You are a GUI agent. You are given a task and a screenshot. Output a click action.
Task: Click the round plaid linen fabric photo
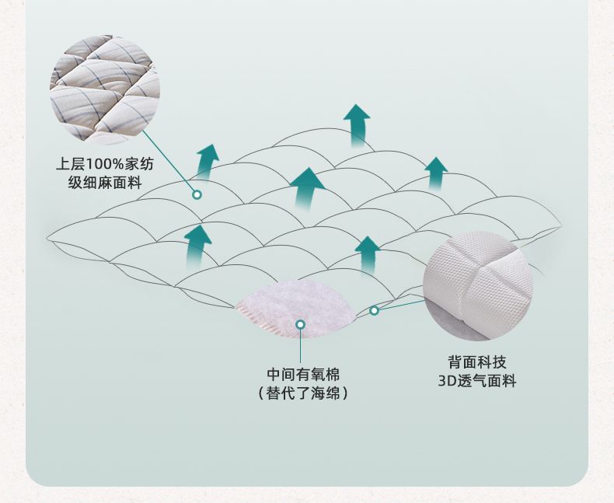click(x=105, y=89)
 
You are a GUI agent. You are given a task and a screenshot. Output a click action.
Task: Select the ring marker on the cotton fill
click(x=301, y=323)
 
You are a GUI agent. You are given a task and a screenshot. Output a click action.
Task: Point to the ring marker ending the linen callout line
click(x=197, y=194)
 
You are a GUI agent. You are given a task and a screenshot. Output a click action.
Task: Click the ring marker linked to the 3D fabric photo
click(x=374, y=310)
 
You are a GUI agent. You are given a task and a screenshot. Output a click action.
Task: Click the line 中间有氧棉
click(x=303, y=374)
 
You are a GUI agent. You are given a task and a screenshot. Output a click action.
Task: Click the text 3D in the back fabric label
click(x=447, y=381)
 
